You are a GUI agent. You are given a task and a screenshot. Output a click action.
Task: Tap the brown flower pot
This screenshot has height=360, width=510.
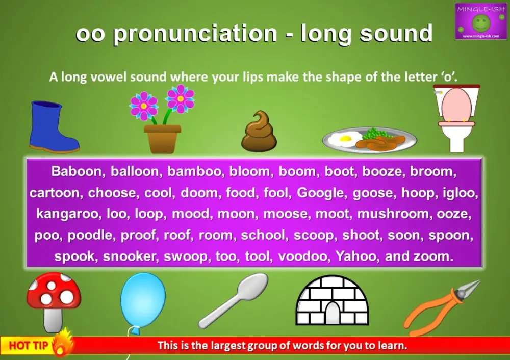[x=162, y=138]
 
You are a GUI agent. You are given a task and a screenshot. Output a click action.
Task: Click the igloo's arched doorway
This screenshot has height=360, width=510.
[x=332, y=313]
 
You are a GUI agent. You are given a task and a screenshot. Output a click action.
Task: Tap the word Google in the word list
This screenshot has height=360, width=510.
[x=320, y=193]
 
